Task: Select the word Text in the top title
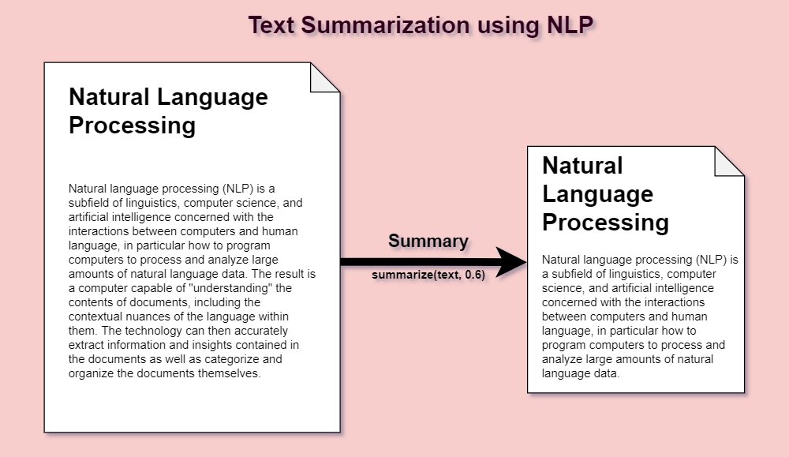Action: [x=273, y=26]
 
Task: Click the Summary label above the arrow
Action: [x=428, y=242]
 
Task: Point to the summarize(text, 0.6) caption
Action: [x=428, y=275]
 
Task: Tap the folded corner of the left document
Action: [x=325, y=77]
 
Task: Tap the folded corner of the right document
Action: [x=729, y=161]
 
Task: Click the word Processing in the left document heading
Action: [x=132, y=125]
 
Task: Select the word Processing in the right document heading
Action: [x=605, y=223]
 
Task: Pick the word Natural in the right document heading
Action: [x=582, y=166]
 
